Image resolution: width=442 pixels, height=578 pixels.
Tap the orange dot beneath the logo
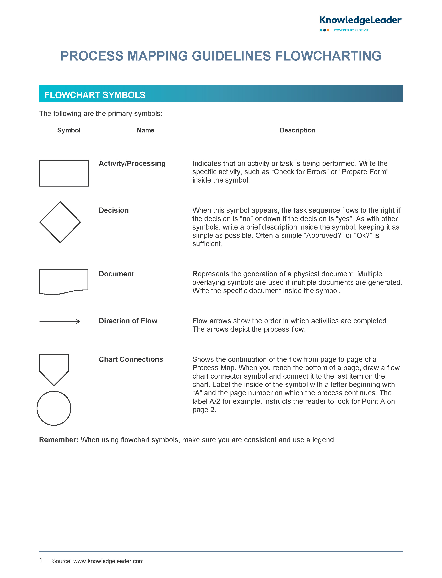328,30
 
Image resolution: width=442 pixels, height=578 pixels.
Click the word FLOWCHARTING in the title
328,56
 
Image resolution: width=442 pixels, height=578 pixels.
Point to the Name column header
145,130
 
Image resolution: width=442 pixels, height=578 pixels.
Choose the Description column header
297,130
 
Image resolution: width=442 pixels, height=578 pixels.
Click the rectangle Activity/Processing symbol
64,173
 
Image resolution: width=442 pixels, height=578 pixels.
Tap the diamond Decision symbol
60,222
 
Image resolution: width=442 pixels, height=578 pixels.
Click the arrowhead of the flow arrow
78,321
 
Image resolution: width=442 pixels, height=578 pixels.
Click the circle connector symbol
54,408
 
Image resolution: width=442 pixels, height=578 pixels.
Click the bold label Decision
114,210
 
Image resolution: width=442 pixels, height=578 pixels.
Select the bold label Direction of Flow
128,321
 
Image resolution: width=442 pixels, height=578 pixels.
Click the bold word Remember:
59,440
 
